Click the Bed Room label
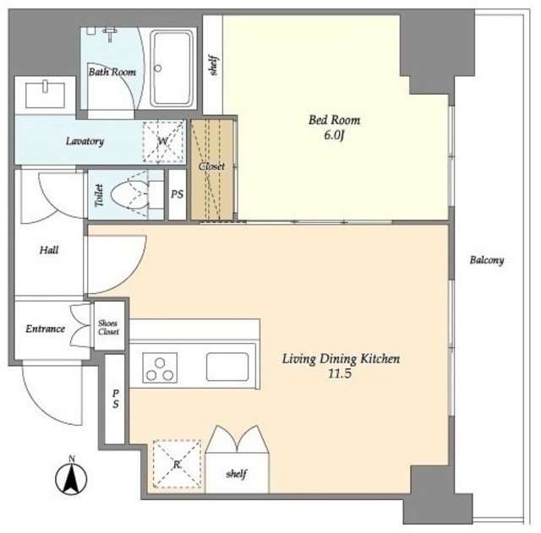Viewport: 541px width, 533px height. point(334,120)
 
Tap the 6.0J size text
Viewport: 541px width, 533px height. point(335,135)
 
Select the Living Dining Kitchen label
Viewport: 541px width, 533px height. point(341,359)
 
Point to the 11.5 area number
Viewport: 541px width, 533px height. point(340,373)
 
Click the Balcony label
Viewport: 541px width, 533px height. point(487,260)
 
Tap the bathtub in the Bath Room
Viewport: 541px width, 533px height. point(172,68)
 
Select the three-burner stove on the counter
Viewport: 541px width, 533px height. point(160,367)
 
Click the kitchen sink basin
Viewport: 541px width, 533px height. point(227,367)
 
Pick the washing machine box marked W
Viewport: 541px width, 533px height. point(163,141)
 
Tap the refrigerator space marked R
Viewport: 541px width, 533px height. point(177,464)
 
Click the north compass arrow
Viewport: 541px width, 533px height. point(71,478)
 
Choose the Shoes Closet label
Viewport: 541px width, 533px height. point(108,328)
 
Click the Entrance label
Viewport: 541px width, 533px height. point(45,329)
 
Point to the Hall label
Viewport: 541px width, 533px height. point(49,250)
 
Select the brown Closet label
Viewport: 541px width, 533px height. point(211,166)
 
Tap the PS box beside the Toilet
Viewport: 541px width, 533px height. point(178,195)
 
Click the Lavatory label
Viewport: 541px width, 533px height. point(85,141)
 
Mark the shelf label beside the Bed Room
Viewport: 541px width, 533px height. point(214,65)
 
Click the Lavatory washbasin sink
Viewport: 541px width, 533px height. point(45,95)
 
